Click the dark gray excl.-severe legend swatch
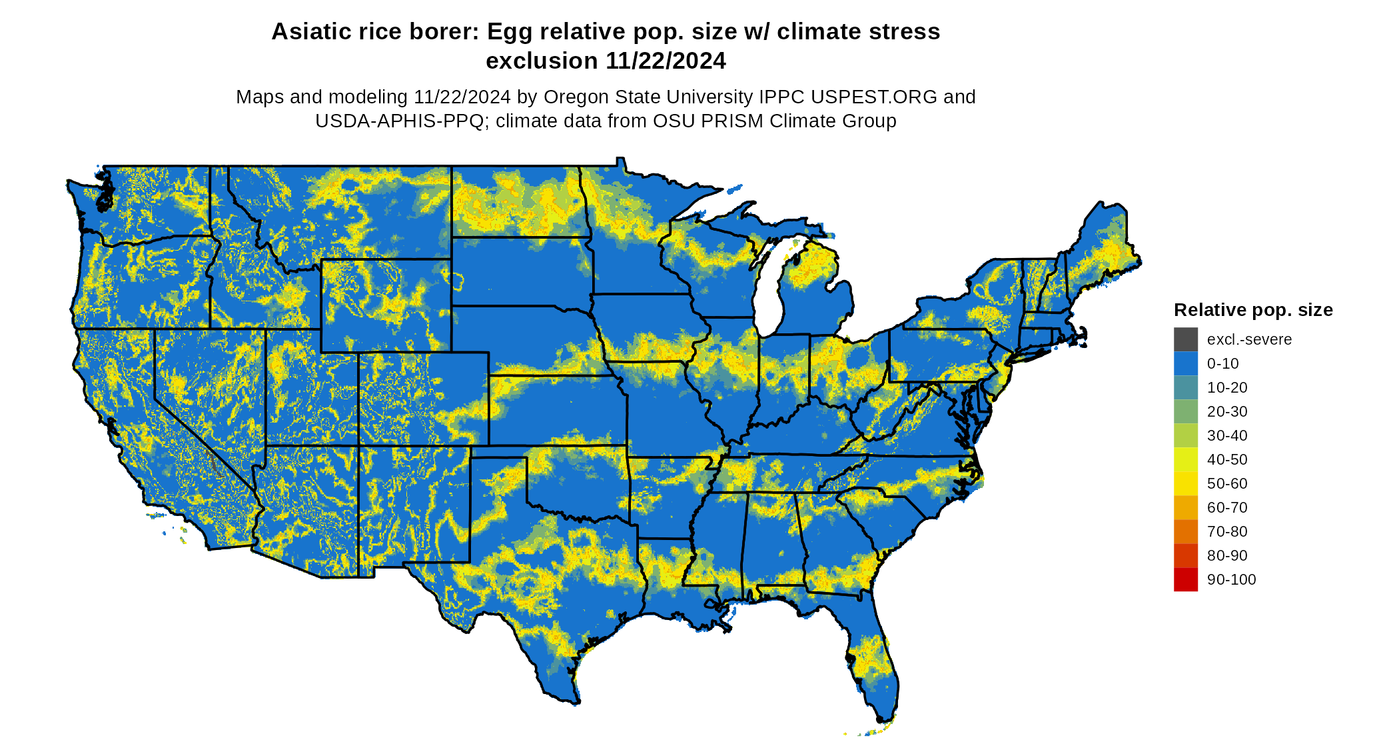(1185, 339)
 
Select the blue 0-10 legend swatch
(1185, 363)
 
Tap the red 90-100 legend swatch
(1185, 579)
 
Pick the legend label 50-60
(1227, 483)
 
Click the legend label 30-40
(1227, 435)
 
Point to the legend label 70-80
(1227, 531)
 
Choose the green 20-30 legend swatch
(1185, 411)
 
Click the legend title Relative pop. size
(1252, 310)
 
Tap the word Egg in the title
(506, 31)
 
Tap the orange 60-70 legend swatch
(1185, 507)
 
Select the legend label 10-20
(1227, 387)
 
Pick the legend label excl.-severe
(1249, 339)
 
